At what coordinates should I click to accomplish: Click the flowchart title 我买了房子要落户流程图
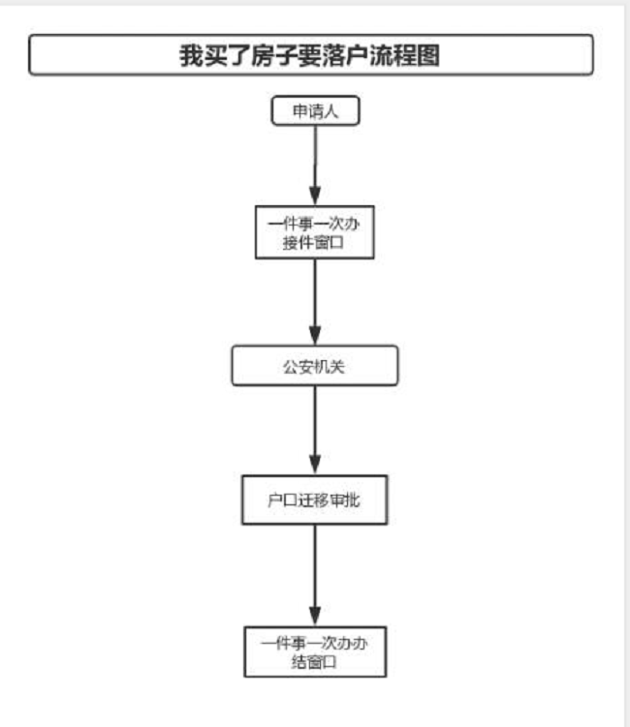310,55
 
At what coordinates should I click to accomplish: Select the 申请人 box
314,111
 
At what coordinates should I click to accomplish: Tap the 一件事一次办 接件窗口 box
314,232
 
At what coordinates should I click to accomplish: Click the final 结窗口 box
314,651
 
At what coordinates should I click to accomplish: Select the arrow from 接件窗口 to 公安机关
314,300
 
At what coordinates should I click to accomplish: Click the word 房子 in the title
260,55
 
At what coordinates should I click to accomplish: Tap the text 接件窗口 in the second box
314,243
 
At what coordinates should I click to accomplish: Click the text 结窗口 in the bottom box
314,661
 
